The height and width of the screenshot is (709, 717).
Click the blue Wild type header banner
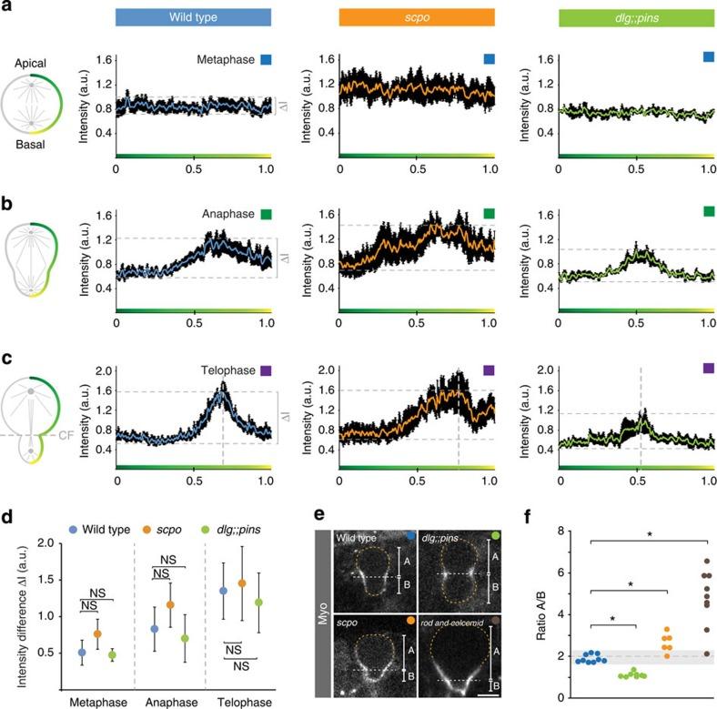[193, 17]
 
